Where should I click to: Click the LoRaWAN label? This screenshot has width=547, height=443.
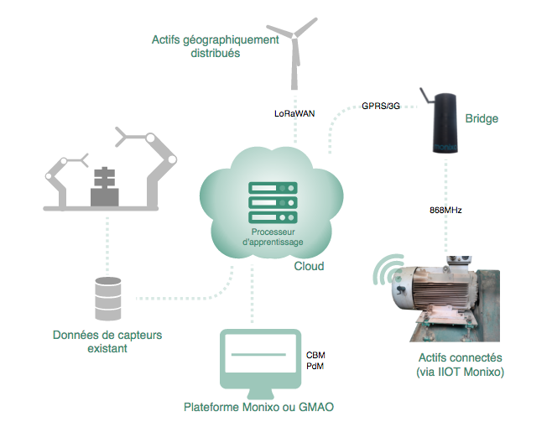pyautogui.click(x=294, y=114)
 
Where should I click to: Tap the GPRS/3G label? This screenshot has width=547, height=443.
pyautogui.click(x=381, y=106)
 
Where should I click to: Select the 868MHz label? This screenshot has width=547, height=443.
pyautogui.click(x=445, y=210)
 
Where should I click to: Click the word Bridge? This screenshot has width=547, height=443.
pyautogui.click(x=482, y=118)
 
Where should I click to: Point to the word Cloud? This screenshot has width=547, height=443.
pyautogui.click(x=309, y=266)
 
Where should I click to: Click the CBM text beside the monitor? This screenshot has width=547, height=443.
pyautogui.click(x=315, y=355)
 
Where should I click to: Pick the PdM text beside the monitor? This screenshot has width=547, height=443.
pyautogui.click(x=315, y=367)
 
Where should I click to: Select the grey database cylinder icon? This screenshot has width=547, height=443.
pyautogui.click(x=108, y=299)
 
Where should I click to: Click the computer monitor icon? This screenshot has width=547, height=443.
pyautogui.click(x=260, y=363)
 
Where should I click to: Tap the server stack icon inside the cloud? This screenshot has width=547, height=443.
pyautogui.click(x=273, y=202)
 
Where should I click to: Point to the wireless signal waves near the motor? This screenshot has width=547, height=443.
pyautogui.click(x=388, y=269)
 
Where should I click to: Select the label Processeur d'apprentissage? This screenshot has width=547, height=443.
pyautogui.click(x=273, y=237)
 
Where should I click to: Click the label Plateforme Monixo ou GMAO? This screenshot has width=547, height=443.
pyautogui.click(x=258, y=407)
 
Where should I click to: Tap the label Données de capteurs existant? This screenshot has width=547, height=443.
pyautogui.click(x=107, y=341)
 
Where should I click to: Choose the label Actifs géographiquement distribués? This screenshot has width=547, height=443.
pyautogui.click(x=216, y=46)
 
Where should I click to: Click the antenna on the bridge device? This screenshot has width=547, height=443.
pyautogui.click(x=426, y=96)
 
